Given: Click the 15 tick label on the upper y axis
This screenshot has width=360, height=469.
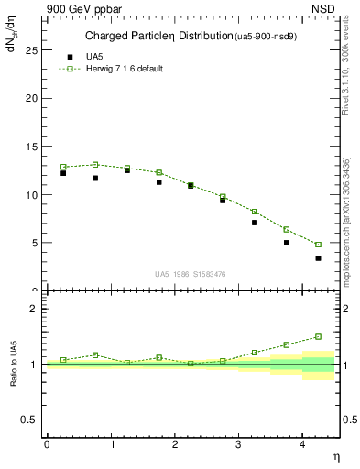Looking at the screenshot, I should click(33, 147).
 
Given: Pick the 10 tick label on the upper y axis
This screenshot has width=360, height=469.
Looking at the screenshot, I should click(33, 195).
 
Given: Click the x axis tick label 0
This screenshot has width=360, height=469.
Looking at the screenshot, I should click(47, 444).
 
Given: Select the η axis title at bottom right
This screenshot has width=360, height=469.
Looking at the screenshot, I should click(335, 455).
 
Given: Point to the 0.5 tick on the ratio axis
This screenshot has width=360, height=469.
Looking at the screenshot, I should click(32, 420).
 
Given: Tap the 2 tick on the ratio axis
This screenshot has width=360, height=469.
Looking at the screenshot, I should click(36, 309).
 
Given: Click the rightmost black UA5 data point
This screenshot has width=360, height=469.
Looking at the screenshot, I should click(319, 258).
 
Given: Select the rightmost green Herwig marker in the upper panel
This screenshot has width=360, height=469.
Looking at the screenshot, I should click(319, 245).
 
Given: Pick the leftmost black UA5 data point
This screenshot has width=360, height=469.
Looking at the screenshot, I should click(63, 172).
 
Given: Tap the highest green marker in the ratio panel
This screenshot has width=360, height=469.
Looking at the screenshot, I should click(319, 336).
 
